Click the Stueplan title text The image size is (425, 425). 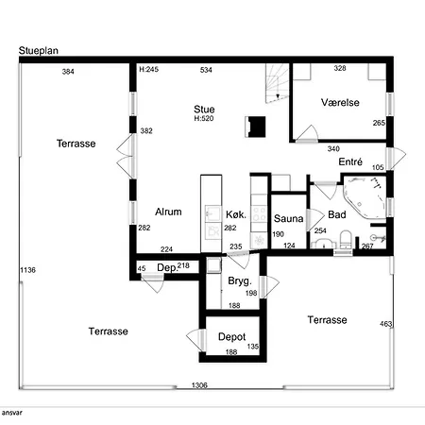39,51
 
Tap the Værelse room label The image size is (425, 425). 340,102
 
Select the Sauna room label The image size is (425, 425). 288,218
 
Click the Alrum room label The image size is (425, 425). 168,212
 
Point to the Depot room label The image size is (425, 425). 231,337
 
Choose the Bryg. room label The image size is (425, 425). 240,280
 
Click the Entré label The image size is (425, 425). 350,161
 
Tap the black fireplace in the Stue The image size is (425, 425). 255,127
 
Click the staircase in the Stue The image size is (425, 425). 277,83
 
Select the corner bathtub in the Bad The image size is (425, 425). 365,196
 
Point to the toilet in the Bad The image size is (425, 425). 346,240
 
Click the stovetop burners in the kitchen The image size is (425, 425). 260,213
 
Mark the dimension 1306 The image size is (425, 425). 199,385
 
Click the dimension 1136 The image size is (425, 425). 27,270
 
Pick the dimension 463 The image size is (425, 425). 386,324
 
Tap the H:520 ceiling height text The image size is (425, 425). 204,118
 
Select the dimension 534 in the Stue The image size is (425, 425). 206,70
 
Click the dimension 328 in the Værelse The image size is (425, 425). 340,68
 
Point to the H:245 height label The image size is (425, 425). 149,69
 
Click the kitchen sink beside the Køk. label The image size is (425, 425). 212,213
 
